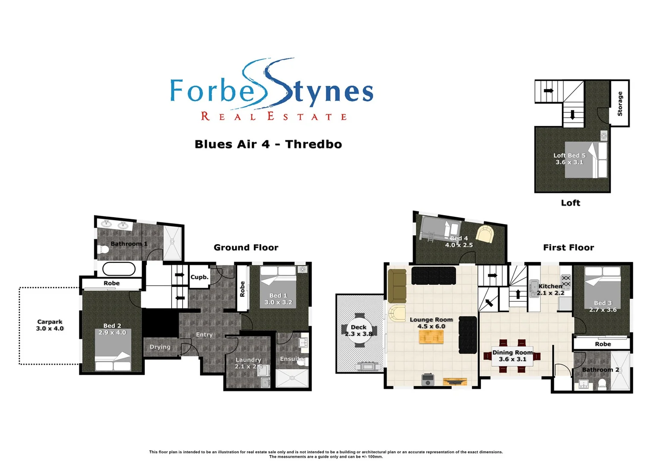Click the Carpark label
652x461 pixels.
49,322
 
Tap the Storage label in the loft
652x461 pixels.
620,104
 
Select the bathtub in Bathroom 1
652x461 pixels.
119,269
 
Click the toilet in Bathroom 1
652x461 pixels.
102,249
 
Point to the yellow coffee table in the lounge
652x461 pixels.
431,337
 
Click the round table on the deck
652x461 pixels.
358,330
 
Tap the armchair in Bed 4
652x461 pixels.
484,234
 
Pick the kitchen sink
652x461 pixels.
533,288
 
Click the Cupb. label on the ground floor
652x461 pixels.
199,277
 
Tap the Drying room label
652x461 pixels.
160,347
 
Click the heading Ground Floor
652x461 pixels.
246,248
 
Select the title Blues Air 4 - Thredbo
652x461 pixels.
268,144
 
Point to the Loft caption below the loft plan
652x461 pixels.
570,203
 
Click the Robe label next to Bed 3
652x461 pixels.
603,344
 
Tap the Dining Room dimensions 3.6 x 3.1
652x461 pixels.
512,359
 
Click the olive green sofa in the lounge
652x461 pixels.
397,286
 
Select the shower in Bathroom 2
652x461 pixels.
620,371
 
